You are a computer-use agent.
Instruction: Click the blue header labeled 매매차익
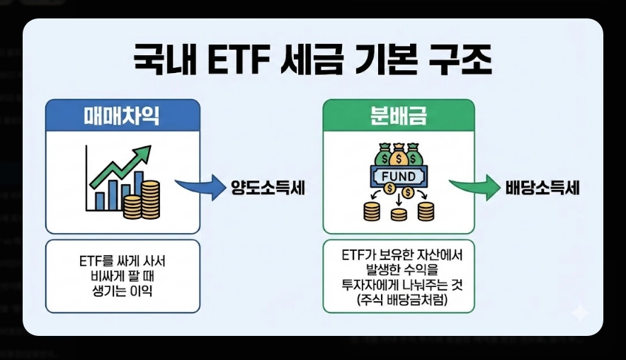[122, 115]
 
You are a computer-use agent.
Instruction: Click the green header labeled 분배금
[398, 115]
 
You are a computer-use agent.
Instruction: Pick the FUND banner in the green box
[398, 175]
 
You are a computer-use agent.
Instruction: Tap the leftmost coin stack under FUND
[372, 210]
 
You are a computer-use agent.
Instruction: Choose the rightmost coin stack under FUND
[425, 210]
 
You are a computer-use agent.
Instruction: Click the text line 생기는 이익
[123, 291]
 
